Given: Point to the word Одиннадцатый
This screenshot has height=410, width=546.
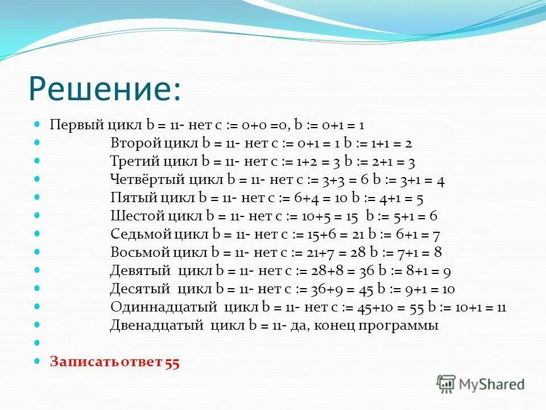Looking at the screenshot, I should coord(164,307).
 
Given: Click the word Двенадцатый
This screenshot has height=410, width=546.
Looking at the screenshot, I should coord(156,326).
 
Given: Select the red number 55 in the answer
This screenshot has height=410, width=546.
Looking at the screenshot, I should coord(172,362).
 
